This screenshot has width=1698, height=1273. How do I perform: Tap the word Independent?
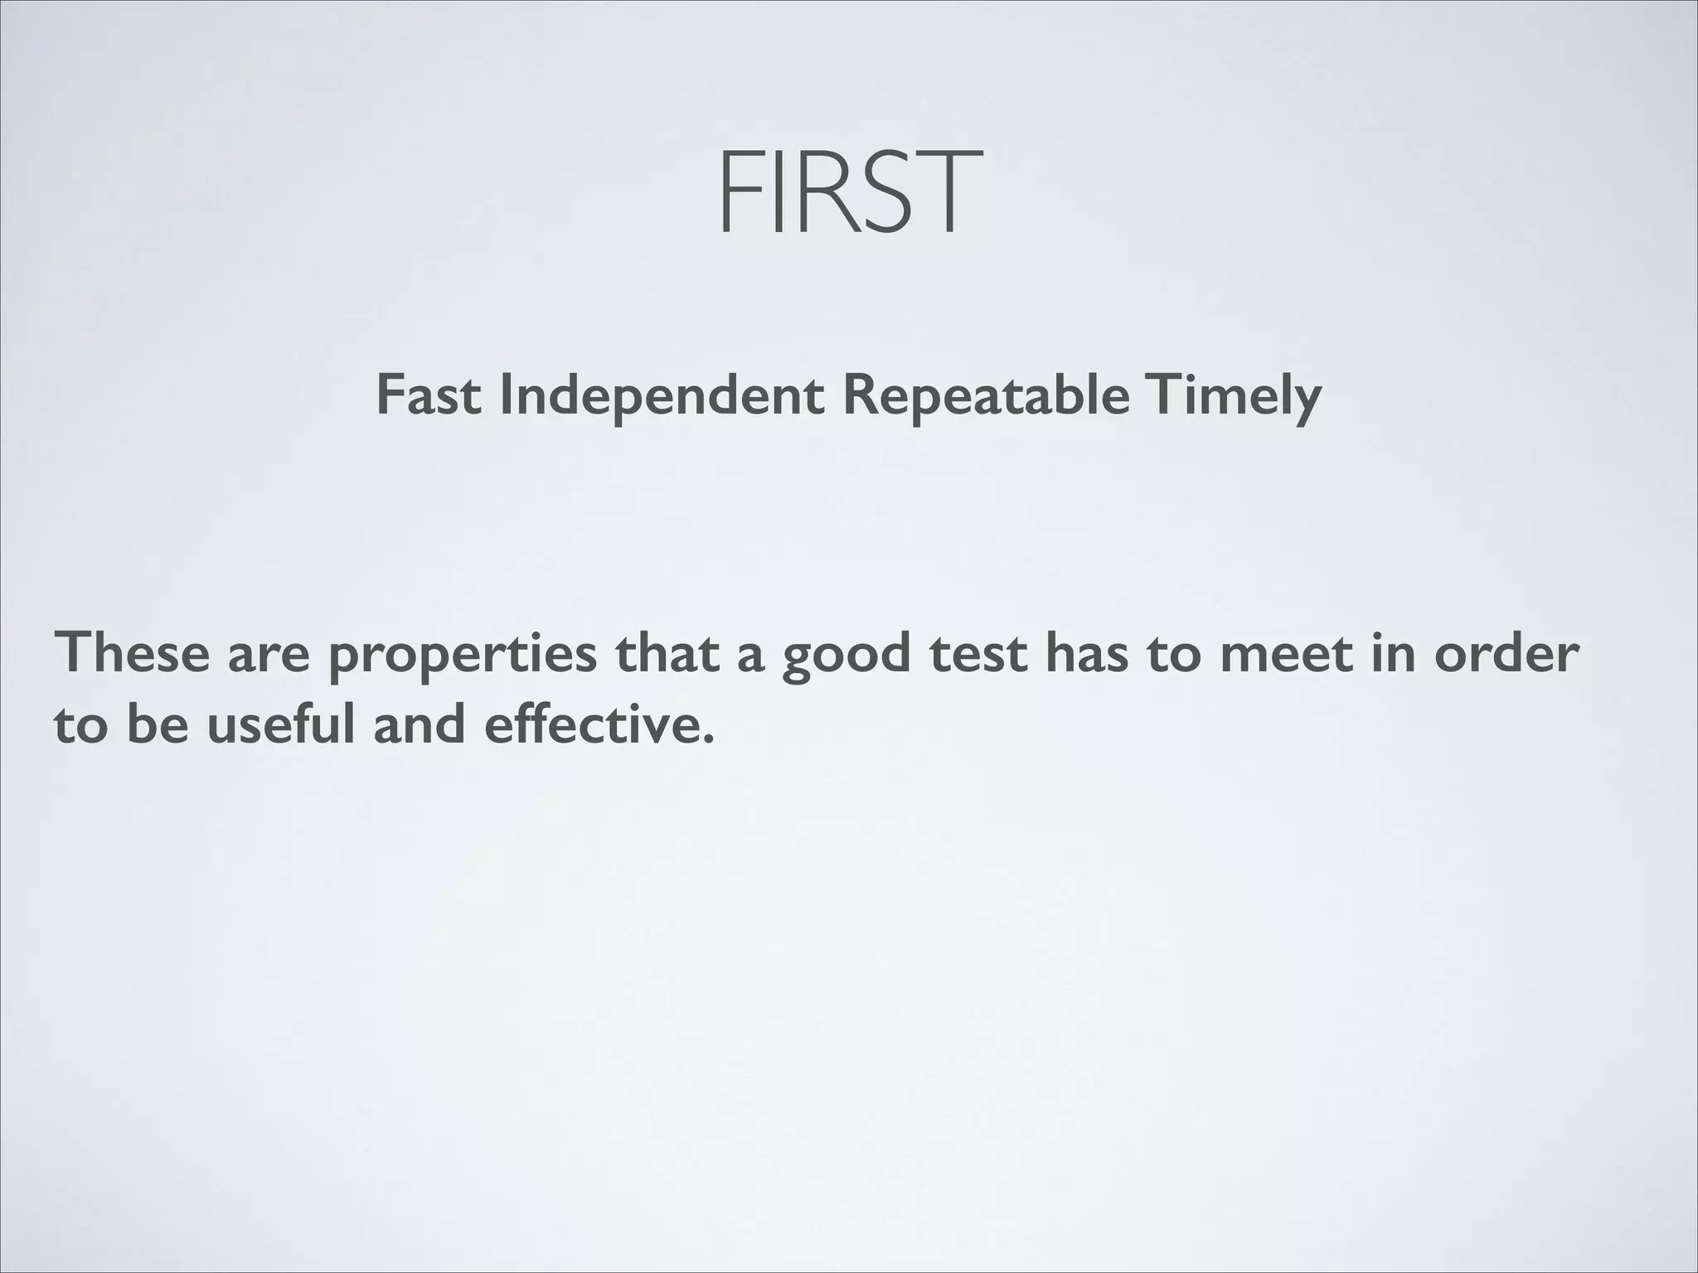pyautogui.click(x=662, y=395)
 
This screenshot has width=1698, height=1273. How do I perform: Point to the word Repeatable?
pyautogui.click(x=985, y=395)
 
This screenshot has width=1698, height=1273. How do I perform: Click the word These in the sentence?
pyautogui.click(x=132, y=652)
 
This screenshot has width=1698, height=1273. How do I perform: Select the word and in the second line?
pyautogui.click(x=419, y=724)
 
